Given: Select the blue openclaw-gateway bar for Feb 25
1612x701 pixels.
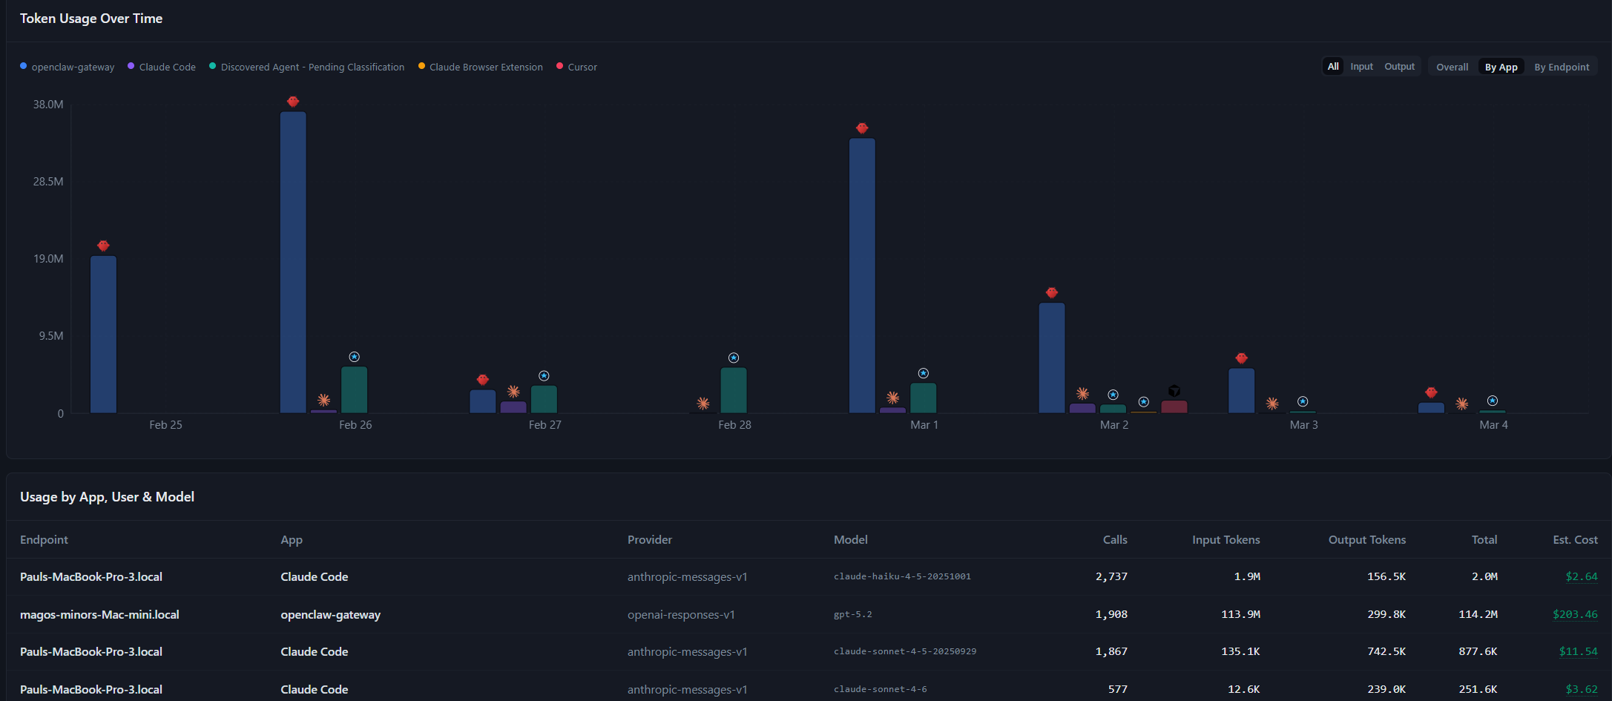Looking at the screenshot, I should (x=103, y=334).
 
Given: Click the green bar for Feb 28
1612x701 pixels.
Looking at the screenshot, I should (x=734, y=390).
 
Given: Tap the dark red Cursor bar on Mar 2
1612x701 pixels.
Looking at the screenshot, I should (x=1174, y=407).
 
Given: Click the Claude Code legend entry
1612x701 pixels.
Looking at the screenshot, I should (x=167, y=67).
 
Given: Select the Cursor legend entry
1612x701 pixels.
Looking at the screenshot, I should (x=582, y=67).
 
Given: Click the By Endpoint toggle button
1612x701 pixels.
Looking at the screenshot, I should (x=1562, y=67).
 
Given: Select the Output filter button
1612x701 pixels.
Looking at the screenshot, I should (x=1399, y=67).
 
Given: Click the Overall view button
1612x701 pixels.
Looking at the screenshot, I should (x=1452, y=67).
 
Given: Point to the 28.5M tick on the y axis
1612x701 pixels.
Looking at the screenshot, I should (x=48, y=182).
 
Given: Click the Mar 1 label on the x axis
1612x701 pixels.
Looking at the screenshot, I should (x=924, y=425).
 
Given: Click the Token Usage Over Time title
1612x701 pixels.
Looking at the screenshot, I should (x=91, y=19).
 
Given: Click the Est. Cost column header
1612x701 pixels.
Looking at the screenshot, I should (x=1575, y=540).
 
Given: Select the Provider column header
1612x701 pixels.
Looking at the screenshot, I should (x=650, y=540).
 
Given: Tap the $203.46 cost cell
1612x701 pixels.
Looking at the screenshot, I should (x=1575, y=614).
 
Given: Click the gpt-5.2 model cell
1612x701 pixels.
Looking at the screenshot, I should (x=853, y=614).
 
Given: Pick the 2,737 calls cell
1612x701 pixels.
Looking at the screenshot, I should (x=1111, y=576).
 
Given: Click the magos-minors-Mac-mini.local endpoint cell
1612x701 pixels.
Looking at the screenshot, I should (x=99, y=614).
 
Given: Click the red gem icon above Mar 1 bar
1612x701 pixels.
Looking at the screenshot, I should (x=862, y=128).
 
